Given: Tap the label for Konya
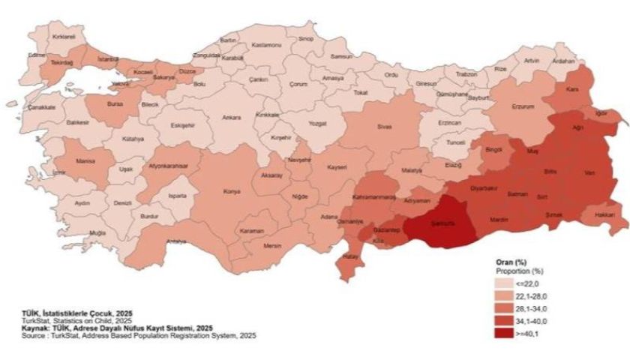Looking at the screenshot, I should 232,192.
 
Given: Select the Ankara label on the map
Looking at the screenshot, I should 232,117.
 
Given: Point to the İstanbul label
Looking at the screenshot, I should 108,58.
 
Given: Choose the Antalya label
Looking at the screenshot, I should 176,241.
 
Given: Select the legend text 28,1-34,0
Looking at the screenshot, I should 532,308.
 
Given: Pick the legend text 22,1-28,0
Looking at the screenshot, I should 532,296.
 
